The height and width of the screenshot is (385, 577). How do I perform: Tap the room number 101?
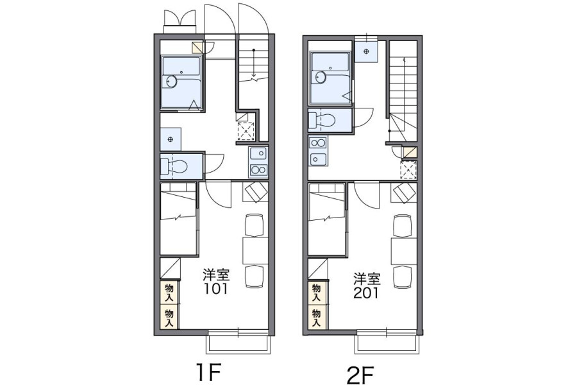(x=217, y=289)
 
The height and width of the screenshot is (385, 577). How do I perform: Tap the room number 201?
(x=366, y=293)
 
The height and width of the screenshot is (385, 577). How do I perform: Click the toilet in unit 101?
(x=174, y=166)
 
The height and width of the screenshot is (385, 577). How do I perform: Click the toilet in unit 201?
(x=322, y=119)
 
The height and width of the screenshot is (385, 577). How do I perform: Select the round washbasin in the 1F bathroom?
(x=171, y=81)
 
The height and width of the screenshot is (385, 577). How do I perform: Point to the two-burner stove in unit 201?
(x=318, y=142)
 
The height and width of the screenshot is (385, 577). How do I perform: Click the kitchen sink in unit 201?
(x=318, y=158)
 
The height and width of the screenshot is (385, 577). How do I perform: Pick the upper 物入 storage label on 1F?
(x=169, y=293)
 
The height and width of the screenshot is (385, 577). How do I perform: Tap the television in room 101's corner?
(x=255, y=192)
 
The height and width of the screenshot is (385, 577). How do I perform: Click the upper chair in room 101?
(x=255, y=225)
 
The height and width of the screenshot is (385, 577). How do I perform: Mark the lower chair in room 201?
(x=403, y=277)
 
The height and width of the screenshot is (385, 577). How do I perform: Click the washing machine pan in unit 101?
(x=246, y=131)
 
